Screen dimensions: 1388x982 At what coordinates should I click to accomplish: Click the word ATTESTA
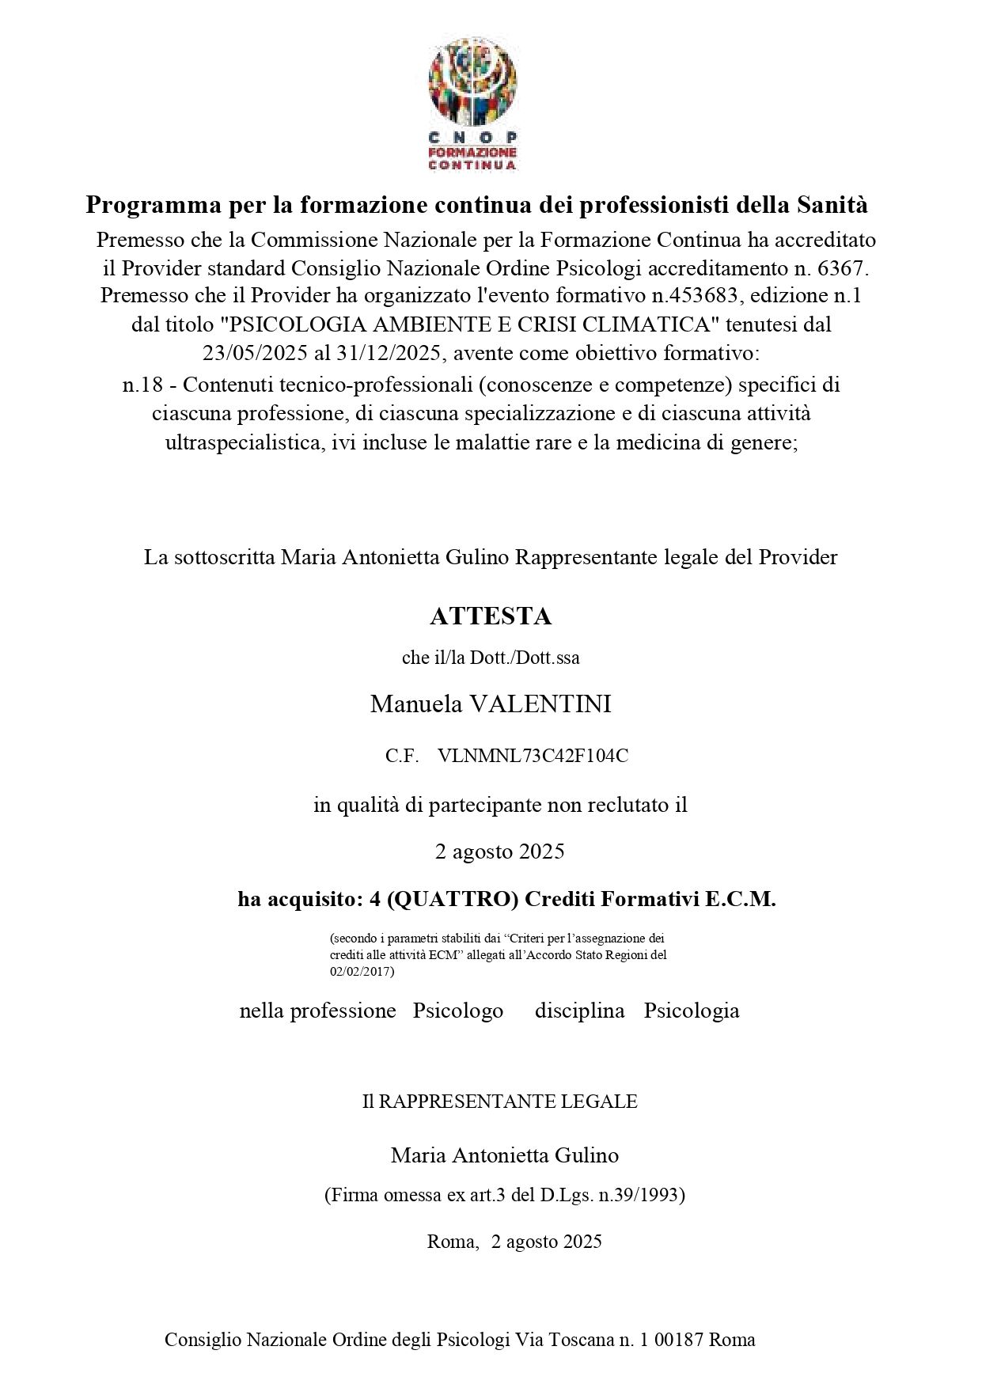click(x=490, y=616)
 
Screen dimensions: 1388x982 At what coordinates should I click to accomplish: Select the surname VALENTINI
click(x=540, y=704)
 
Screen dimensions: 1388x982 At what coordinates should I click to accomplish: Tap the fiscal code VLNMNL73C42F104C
click(x=533, y=757)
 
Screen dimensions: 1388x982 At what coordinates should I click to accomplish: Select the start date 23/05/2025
click(x=255, y=353)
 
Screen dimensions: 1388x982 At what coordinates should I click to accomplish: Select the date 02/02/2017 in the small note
click(x=361, y=971)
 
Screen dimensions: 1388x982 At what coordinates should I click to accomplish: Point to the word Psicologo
click(x=457, y=1011)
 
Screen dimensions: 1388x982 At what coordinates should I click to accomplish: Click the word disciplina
click(x=579, y=1011)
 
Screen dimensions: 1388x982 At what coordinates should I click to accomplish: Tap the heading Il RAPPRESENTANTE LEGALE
click(x=499, y=1102)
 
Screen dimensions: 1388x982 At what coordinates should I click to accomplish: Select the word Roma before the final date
click(x=453, y=1242)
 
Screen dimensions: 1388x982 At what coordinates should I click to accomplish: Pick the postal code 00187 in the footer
click(x=682, y=1340)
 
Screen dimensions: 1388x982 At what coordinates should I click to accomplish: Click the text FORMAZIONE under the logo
click(x=472, y=151)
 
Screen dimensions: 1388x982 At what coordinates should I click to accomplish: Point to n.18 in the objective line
click(x=142, y=385)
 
